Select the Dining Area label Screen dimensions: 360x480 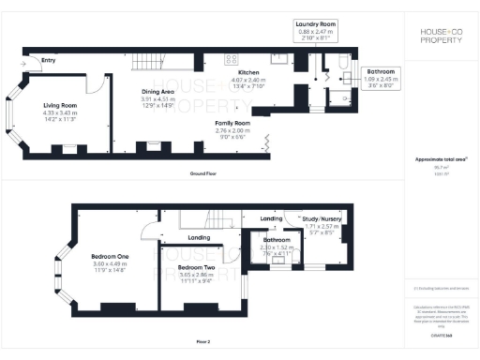tap(157, 92)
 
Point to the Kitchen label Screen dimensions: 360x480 tap(248, 72)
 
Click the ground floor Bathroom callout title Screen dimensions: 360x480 tap(381, 70)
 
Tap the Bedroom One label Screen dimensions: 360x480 tap(110, 256)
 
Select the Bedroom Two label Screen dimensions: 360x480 tap(195, 267)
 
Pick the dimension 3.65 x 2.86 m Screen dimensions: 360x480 tap(195, 275)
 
